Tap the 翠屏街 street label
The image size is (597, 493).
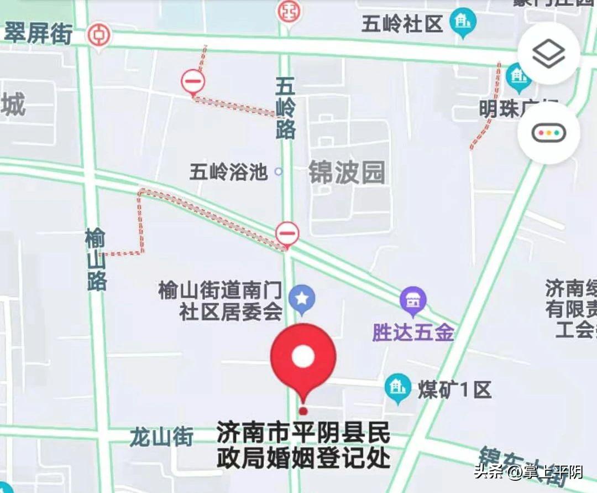(39, 34)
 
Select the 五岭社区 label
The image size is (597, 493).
(402, 24)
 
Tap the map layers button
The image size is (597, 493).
(548, 54)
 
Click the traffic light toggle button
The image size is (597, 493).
(548, 133)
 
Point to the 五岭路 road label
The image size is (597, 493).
(286, 108)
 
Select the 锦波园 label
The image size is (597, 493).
(347, 173)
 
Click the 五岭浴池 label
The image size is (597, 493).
(228, 172)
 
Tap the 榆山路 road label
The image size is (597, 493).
(96, 260)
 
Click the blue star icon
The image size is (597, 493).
(302, 298)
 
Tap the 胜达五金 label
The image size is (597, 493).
(413, 333)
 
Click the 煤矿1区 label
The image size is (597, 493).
(454, 390)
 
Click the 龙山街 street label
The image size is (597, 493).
(161, 437)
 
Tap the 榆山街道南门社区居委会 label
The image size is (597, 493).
(221, 302)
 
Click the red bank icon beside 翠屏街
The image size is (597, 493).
(99, 35)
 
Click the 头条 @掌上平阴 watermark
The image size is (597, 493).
(528, 472)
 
